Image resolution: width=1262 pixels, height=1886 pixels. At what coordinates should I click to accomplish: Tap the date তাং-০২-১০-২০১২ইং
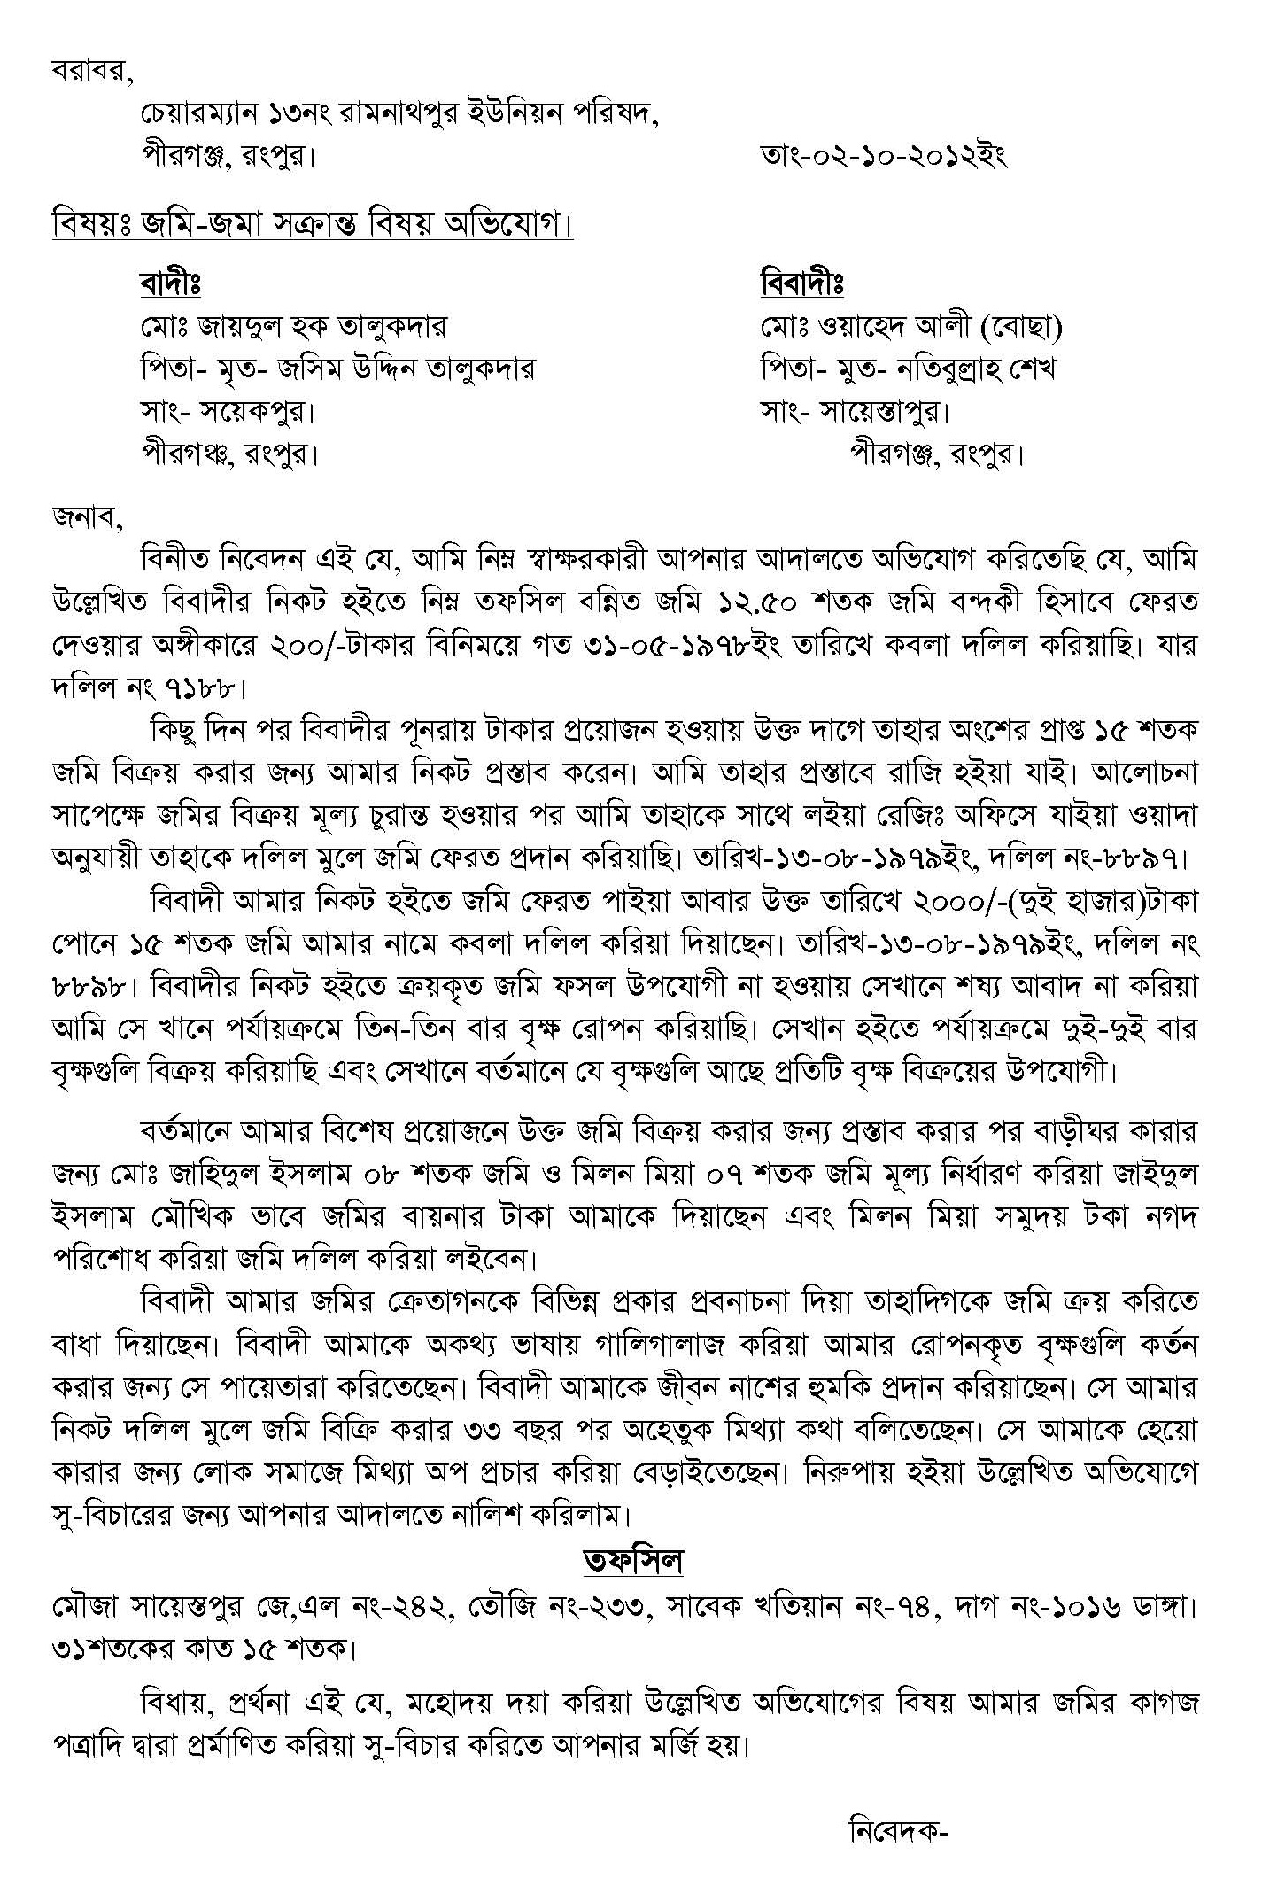pos(883,157)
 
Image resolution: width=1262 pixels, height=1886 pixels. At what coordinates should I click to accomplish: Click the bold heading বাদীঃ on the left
pos(170,284)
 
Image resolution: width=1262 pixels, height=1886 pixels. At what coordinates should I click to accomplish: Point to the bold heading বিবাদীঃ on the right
pos(801,284)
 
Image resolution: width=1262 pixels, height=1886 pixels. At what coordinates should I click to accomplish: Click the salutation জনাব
pos(86,517)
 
